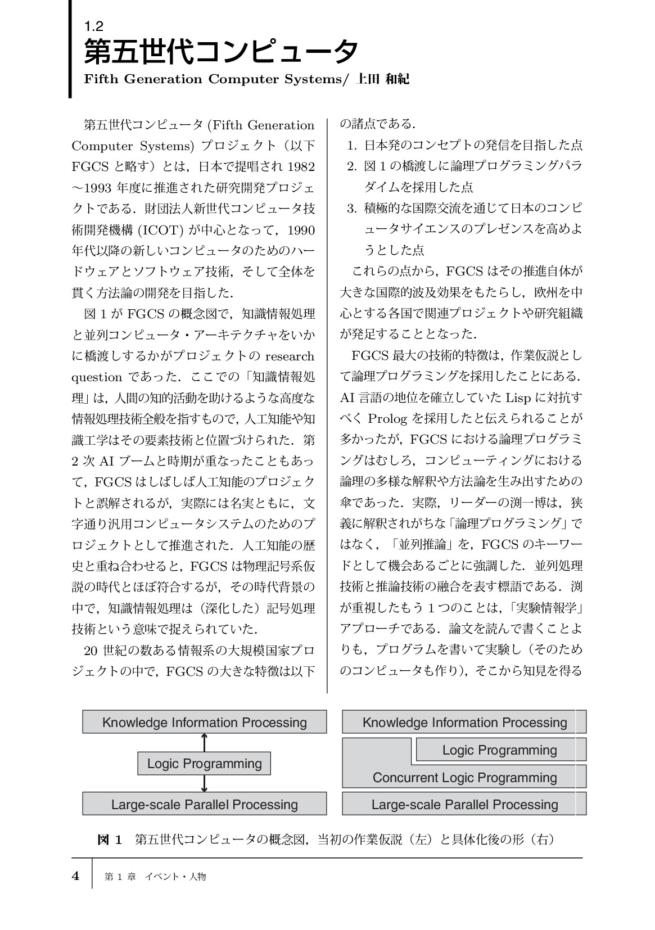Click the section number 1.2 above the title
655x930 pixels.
coord(93,25)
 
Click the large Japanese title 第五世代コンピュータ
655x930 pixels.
coord(220,53)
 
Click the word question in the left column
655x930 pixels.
coord(96,377)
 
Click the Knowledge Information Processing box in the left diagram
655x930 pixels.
coord(204,723)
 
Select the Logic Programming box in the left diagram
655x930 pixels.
coord(204,764)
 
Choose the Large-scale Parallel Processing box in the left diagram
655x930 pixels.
coord(204,804)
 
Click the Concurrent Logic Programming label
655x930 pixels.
coord(464,778)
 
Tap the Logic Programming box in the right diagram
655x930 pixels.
coord(500,750)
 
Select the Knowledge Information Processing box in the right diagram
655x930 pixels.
coord(464,723)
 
